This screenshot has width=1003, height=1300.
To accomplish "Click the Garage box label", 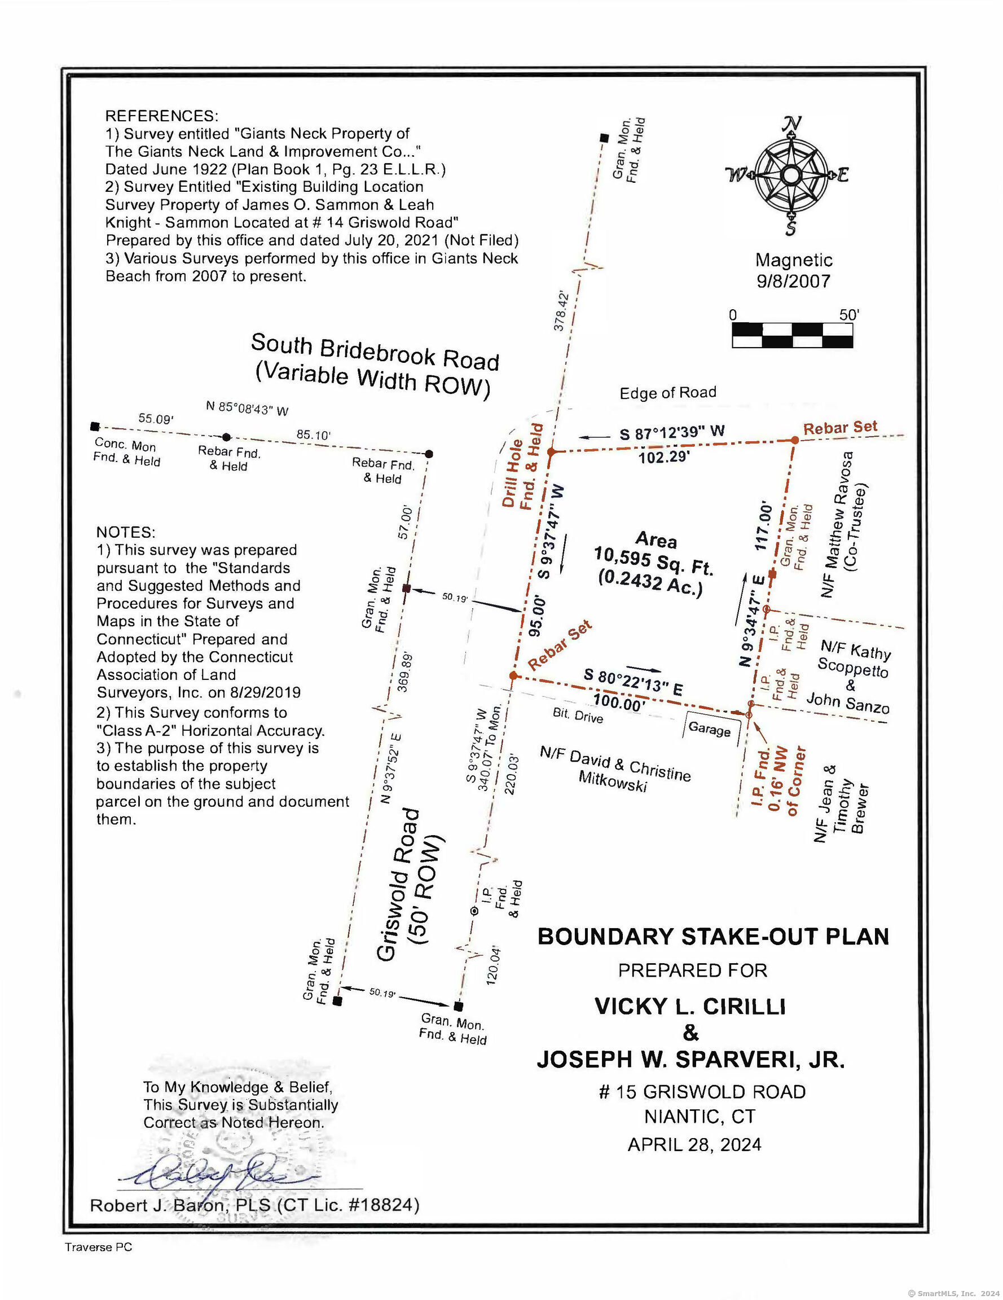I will click(709, 728).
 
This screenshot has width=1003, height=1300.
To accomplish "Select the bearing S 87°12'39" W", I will click(672, 432).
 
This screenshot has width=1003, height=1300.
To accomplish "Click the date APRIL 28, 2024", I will click(694, 1144).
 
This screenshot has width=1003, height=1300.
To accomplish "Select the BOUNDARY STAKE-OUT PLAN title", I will click(712, 936).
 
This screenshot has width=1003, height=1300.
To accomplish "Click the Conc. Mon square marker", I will click(95, 426).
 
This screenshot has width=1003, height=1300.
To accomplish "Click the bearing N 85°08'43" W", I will click(247, 409).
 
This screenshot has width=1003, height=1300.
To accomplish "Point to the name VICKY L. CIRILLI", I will click(690, 1006).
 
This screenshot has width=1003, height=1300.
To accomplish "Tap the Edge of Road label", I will click(667, 393).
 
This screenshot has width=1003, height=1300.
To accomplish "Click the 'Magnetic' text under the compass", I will click(794, 260).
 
